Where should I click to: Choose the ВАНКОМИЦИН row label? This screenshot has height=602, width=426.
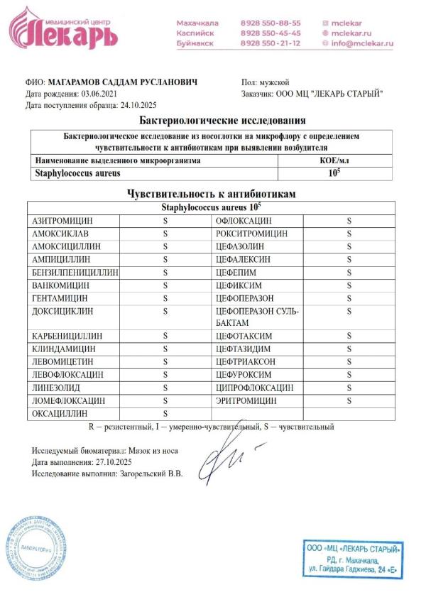point(59,284)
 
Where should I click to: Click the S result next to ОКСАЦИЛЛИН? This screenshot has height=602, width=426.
point(165,413)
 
